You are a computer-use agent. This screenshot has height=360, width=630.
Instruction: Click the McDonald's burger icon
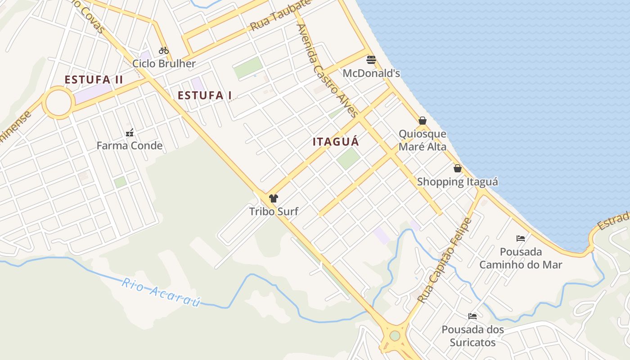pos(371,60)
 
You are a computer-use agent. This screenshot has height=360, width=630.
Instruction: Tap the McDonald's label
pos(371,73)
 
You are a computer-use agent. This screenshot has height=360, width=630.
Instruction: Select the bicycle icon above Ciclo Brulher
pos(164,50)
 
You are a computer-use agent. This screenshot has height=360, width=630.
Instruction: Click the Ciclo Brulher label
pos(164,63)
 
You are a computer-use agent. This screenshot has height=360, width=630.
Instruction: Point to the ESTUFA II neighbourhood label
pos(94,80)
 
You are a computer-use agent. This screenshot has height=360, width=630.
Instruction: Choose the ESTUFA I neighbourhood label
pos(205,95)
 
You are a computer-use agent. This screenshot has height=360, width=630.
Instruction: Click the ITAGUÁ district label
pos(336,142)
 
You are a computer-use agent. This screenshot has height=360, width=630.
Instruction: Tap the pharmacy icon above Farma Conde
pos(130,133)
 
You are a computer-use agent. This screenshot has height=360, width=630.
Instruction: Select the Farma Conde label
pos(130,146)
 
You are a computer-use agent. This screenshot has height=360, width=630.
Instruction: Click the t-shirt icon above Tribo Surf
pos(274,198)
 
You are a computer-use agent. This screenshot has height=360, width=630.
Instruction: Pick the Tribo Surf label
pos(274,211)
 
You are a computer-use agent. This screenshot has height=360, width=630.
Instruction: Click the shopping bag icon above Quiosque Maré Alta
pos(423,121)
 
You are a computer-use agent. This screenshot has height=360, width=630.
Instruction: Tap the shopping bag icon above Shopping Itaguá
pos(458,169)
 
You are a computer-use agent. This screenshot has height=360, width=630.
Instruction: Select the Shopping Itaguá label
pos(458,182)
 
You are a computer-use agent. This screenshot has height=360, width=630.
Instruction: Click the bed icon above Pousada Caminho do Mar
pos(521,238)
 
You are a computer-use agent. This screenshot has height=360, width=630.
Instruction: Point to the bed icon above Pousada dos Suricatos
pos(472,316)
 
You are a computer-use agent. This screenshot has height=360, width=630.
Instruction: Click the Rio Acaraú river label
pos(161,292)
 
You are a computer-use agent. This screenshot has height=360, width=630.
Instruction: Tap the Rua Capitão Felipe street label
pos(445,260)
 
